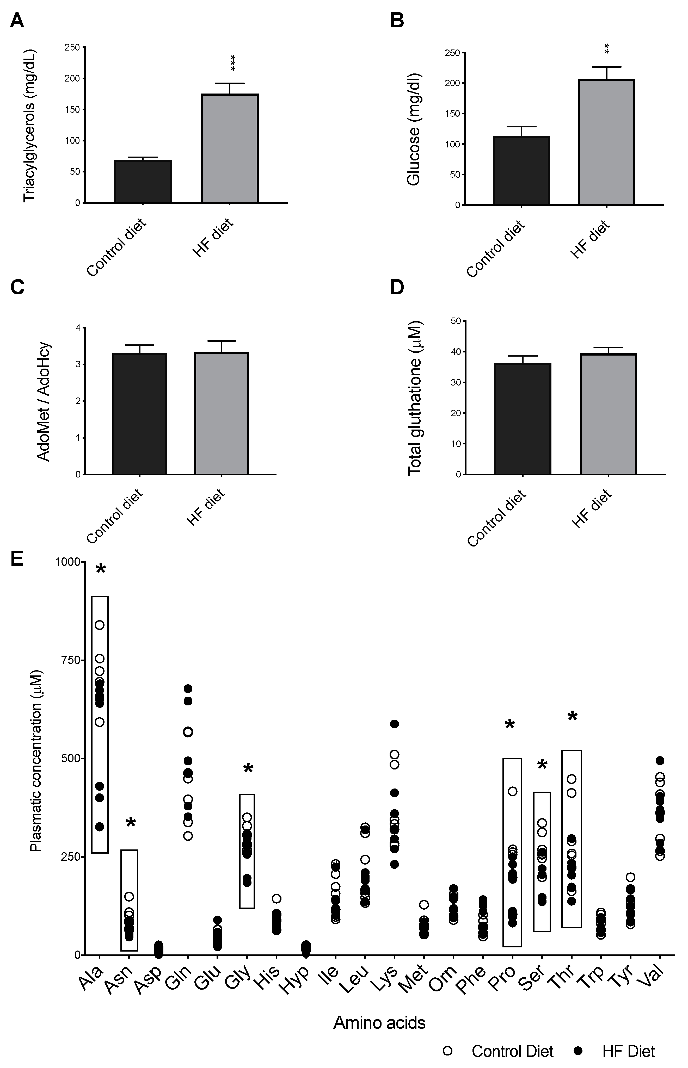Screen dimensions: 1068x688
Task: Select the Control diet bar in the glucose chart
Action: click(x=521, y=171)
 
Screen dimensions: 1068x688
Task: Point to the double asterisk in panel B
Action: click(x=607, y=49)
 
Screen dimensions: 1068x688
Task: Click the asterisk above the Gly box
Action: click(x=248, y=769)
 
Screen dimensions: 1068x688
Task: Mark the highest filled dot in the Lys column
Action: click(x=394, y=724)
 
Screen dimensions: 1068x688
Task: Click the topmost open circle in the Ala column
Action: click(x=100, y=625)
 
